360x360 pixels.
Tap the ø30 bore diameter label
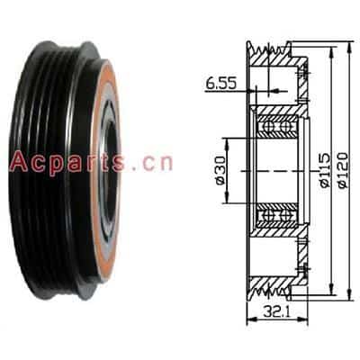click(220, 170)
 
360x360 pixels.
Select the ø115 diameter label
click(325, 170)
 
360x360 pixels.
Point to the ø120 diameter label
click(343, 170)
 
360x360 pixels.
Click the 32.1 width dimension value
click(276, 312)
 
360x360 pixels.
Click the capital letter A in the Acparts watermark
click(19, 161)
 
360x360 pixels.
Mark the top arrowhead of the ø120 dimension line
click(348, 45)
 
